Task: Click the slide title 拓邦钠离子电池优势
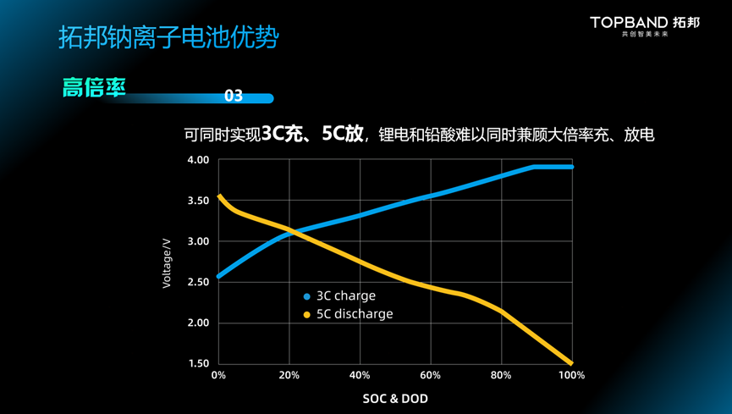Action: pos(168,37)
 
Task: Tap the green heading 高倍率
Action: pos(94,87)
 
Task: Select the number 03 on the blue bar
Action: pos(234,97)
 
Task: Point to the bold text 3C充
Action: pos(282,134)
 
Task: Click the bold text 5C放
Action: pos(342,134)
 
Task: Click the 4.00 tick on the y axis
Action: pos(197,160)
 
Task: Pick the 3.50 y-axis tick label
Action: pos(197,201)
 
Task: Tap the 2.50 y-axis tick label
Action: pos(197,282)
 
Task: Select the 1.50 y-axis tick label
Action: pos(197,363)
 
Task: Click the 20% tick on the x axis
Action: pos(289,375)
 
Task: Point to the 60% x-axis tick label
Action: pos(430,375)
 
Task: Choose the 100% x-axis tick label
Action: pos(571,375)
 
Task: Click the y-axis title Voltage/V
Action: pos(167,262)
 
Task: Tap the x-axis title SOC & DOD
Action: pos(395,398)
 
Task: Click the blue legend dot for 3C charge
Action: pos(307,296)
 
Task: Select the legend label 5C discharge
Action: pos(355,314)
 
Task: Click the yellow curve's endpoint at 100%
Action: pos(571,363)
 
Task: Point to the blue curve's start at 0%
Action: pos(219,276)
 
